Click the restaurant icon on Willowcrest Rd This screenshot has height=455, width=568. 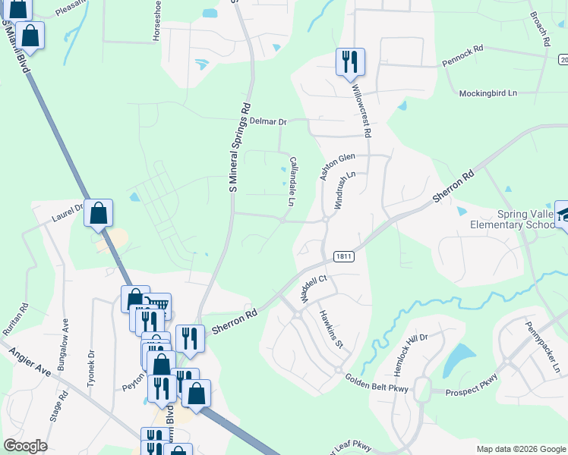click(x=350, y=61)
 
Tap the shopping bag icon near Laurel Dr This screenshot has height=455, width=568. click(x=99, y=213)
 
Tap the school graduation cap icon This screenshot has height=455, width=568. click(x=563, y=215)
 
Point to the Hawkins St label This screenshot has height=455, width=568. click(x=332, y=330)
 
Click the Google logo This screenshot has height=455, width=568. click(x=25, y=446)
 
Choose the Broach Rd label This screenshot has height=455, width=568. click(x=539, y=28)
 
